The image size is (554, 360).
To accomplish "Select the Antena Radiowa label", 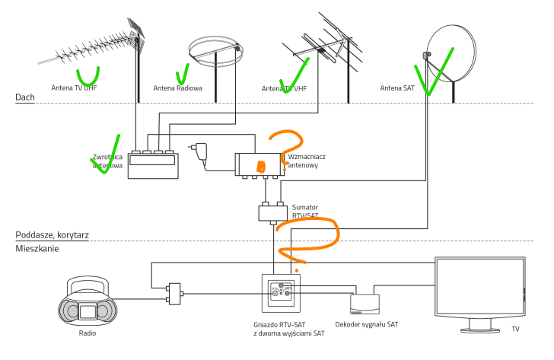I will tap(178, 88).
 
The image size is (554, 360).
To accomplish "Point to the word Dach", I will tap(25, 98).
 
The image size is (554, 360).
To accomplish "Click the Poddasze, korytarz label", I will tap(52, 235).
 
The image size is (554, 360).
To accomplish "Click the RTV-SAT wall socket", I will tap(281, 292).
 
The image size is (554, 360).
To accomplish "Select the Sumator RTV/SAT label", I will tap(306, 210).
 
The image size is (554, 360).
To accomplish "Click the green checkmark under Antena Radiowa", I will tap(183, 75).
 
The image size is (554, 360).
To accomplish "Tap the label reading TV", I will tap(515, 330).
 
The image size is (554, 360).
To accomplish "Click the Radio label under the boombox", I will tap(87, 333).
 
